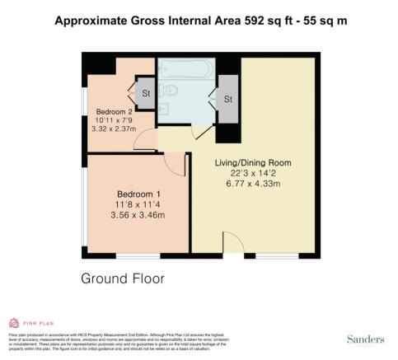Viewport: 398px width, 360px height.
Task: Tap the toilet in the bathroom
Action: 168,90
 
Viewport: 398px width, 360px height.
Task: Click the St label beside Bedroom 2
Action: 146,92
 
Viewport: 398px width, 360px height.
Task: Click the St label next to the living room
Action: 228,100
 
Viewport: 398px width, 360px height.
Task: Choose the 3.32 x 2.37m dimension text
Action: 115,129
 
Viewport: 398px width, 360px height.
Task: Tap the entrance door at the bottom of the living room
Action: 233,242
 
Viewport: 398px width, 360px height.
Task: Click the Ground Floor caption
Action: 122,279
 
